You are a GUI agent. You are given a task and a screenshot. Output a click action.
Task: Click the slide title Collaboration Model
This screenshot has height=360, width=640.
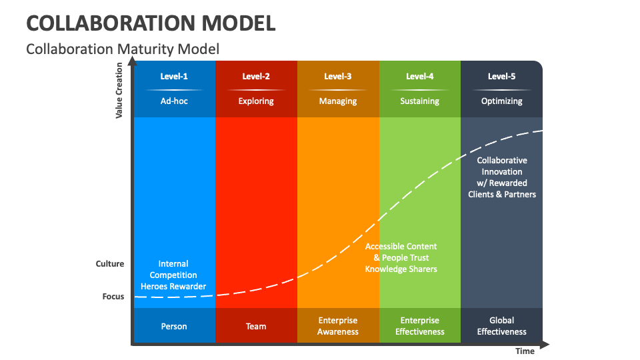[x=151, y=23]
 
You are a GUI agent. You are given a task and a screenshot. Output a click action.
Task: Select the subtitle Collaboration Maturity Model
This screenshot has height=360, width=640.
[x=122, y=49]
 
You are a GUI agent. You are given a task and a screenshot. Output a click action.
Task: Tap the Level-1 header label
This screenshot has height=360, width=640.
[x=174, y=76]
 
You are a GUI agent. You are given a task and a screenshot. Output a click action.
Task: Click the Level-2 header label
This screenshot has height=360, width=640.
[x=256, y=76]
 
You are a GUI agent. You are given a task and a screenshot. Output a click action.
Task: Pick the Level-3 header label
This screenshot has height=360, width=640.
[x=338, y=76]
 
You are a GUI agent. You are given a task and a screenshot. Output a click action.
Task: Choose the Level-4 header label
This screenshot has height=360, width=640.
[x=420, y=76]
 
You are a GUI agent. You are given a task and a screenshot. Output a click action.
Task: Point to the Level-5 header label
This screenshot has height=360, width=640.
[x=501, y=76]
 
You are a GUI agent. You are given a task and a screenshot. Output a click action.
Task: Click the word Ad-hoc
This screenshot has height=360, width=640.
[x=174, y=101]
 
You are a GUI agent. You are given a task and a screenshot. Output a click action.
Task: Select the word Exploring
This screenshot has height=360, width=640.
[x=256, y=101]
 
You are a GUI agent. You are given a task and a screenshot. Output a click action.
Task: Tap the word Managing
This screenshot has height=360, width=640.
[x=338, y=101]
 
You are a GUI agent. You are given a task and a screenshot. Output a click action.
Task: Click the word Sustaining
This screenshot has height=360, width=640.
[x=420, y=101]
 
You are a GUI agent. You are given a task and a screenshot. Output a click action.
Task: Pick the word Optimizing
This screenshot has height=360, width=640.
[x=501, y=101]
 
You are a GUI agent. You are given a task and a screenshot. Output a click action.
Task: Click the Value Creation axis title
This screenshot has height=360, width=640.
[x=119, y=90]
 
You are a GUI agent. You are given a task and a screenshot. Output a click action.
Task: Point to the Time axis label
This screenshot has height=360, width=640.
[x=525, y=351]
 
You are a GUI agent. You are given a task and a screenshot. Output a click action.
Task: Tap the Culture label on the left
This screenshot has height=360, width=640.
[x=110, y=264]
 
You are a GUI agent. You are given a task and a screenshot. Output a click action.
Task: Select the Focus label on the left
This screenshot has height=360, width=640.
[x=113, y=296]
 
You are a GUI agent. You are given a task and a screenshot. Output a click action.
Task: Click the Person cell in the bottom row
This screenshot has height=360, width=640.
[x=174, y=326]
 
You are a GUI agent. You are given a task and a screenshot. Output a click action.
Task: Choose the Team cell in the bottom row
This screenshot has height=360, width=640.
[x=256, y=326]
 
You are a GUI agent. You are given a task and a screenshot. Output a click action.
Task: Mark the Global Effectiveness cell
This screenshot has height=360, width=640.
[x=501, y=326]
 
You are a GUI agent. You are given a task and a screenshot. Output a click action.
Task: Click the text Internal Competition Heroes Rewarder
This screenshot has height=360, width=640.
[x=173, y=275]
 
